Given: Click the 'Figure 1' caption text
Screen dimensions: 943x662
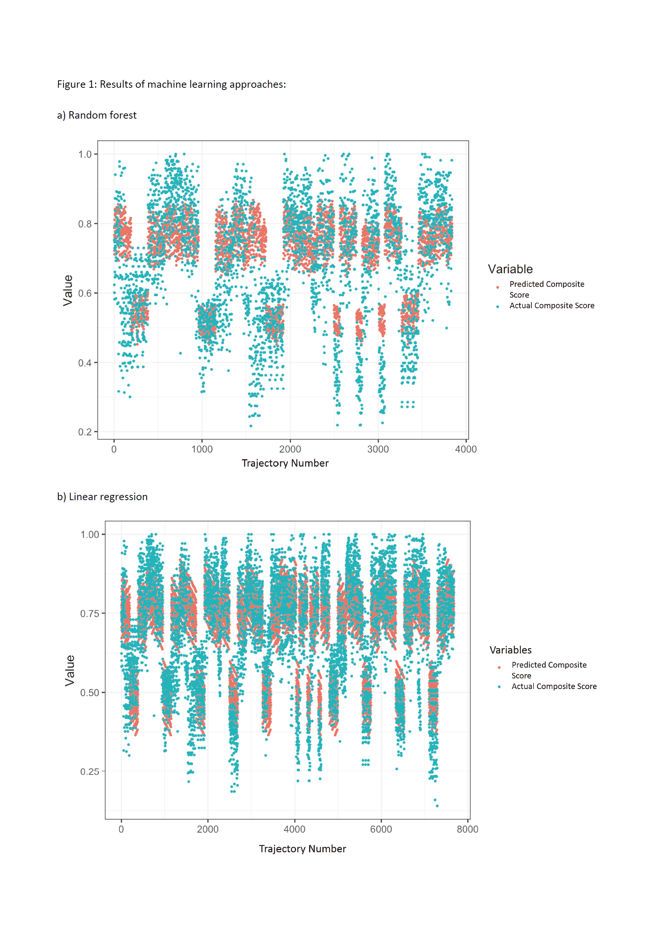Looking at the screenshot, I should pyautogui.click(x=171, y=85).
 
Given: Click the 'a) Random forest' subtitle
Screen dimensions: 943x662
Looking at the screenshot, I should pyautogui.click(x=97, y=115).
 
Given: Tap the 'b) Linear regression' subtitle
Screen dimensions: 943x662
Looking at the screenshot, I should pyautogui.click(x=102, y=497).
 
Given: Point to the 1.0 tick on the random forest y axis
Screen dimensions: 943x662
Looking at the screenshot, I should pyautogui.click(x=85, y=154).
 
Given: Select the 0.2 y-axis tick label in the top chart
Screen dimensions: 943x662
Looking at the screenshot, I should pyautogui.click(x=85, y=432).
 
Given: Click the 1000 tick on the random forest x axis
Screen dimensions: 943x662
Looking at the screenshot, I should pyautogui.click(x=202, y=449).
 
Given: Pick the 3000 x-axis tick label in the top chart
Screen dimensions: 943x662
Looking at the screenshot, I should pyautogui.click(x=378, y=449).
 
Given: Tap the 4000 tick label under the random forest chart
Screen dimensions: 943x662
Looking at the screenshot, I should pyautogui.click(x=466, y=449).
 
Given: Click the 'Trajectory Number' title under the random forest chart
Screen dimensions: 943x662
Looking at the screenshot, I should pyautogui.click(x=285, y=463).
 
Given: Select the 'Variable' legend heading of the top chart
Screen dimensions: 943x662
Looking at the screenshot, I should pyautogui.click(x=510, y=270).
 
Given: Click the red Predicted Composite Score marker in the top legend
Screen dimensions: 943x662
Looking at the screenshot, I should pyautogui.click(x=498, y=287).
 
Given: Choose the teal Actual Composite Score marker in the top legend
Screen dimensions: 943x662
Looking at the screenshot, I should pyautogui.click(x=498, y=306).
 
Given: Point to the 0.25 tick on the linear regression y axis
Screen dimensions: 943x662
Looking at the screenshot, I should pyautogui.click(x=90, y=772).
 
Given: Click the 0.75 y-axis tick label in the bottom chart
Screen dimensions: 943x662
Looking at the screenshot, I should pyautogui.click(x=90, y=614).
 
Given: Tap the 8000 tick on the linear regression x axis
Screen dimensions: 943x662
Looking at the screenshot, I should pyautogui.click(x=467, y=829).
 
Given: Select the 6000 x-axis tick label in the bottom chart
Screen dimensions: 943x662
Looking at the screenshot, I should pyautogui.click(x=381, y=829).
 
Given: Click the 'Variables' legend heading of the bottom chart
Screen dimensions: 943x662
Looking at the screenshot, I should pyautogui.click(x=510, y=650).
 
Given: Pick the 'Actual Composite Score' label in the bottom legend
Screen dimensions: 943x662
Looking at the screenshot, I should pyautogui.click(x=554, y=686).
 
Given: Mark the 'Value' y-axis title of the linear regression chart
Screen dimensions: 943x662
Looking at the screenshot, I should pyautogui.click(x=70, y=671).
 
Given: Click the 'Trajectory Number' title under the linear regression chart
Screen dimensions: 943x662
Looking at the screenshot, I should pyautogui.click(x=302, y=849).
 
